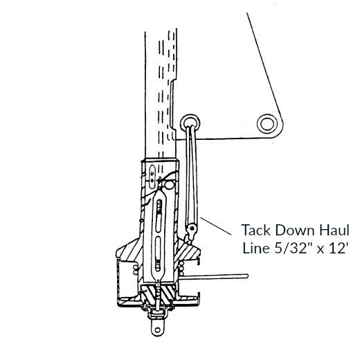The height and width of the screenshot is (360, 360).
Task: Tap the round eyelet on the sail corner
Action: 266,124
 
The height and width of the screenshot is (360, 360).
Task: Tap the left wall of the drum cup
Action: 122,284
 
